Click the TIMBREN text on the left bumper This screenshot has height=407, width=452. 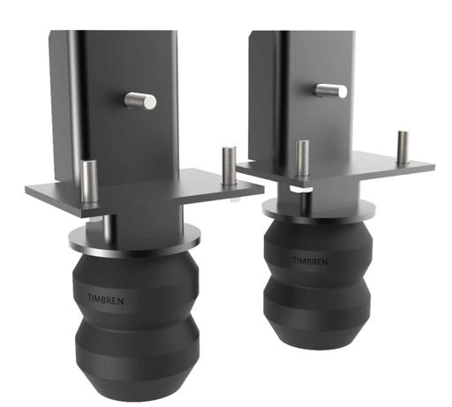pyautogui.click(x=106, y=299)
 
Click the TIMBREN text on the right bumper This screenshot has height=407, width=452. pyautogui.click(x=310, y=260)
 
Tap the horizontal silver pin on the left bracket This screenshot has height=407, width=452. pyautogui.click(x=140, y=102)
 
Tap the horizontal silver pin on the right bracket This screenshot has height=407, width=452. pyautogui.click(x=331, y=90)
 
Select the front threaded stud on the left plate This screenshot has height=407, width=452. pyautogui.click(x=88, y=181)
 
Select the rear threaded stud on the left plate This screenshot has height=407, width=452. pyautogui.click(x=229, y=166)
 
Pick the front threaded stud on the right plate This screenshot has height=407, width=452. pyautogui.click(x=302, y=159)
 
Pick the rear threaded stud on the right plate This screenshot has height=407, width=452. pyautogui.click(x=403, y=147)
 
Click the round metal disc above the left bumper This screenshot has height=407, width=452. pyautogui.click(x=135, y=238)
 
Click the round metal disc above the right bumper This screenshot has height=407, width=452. pyautogui.click(x=319, y=209)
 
